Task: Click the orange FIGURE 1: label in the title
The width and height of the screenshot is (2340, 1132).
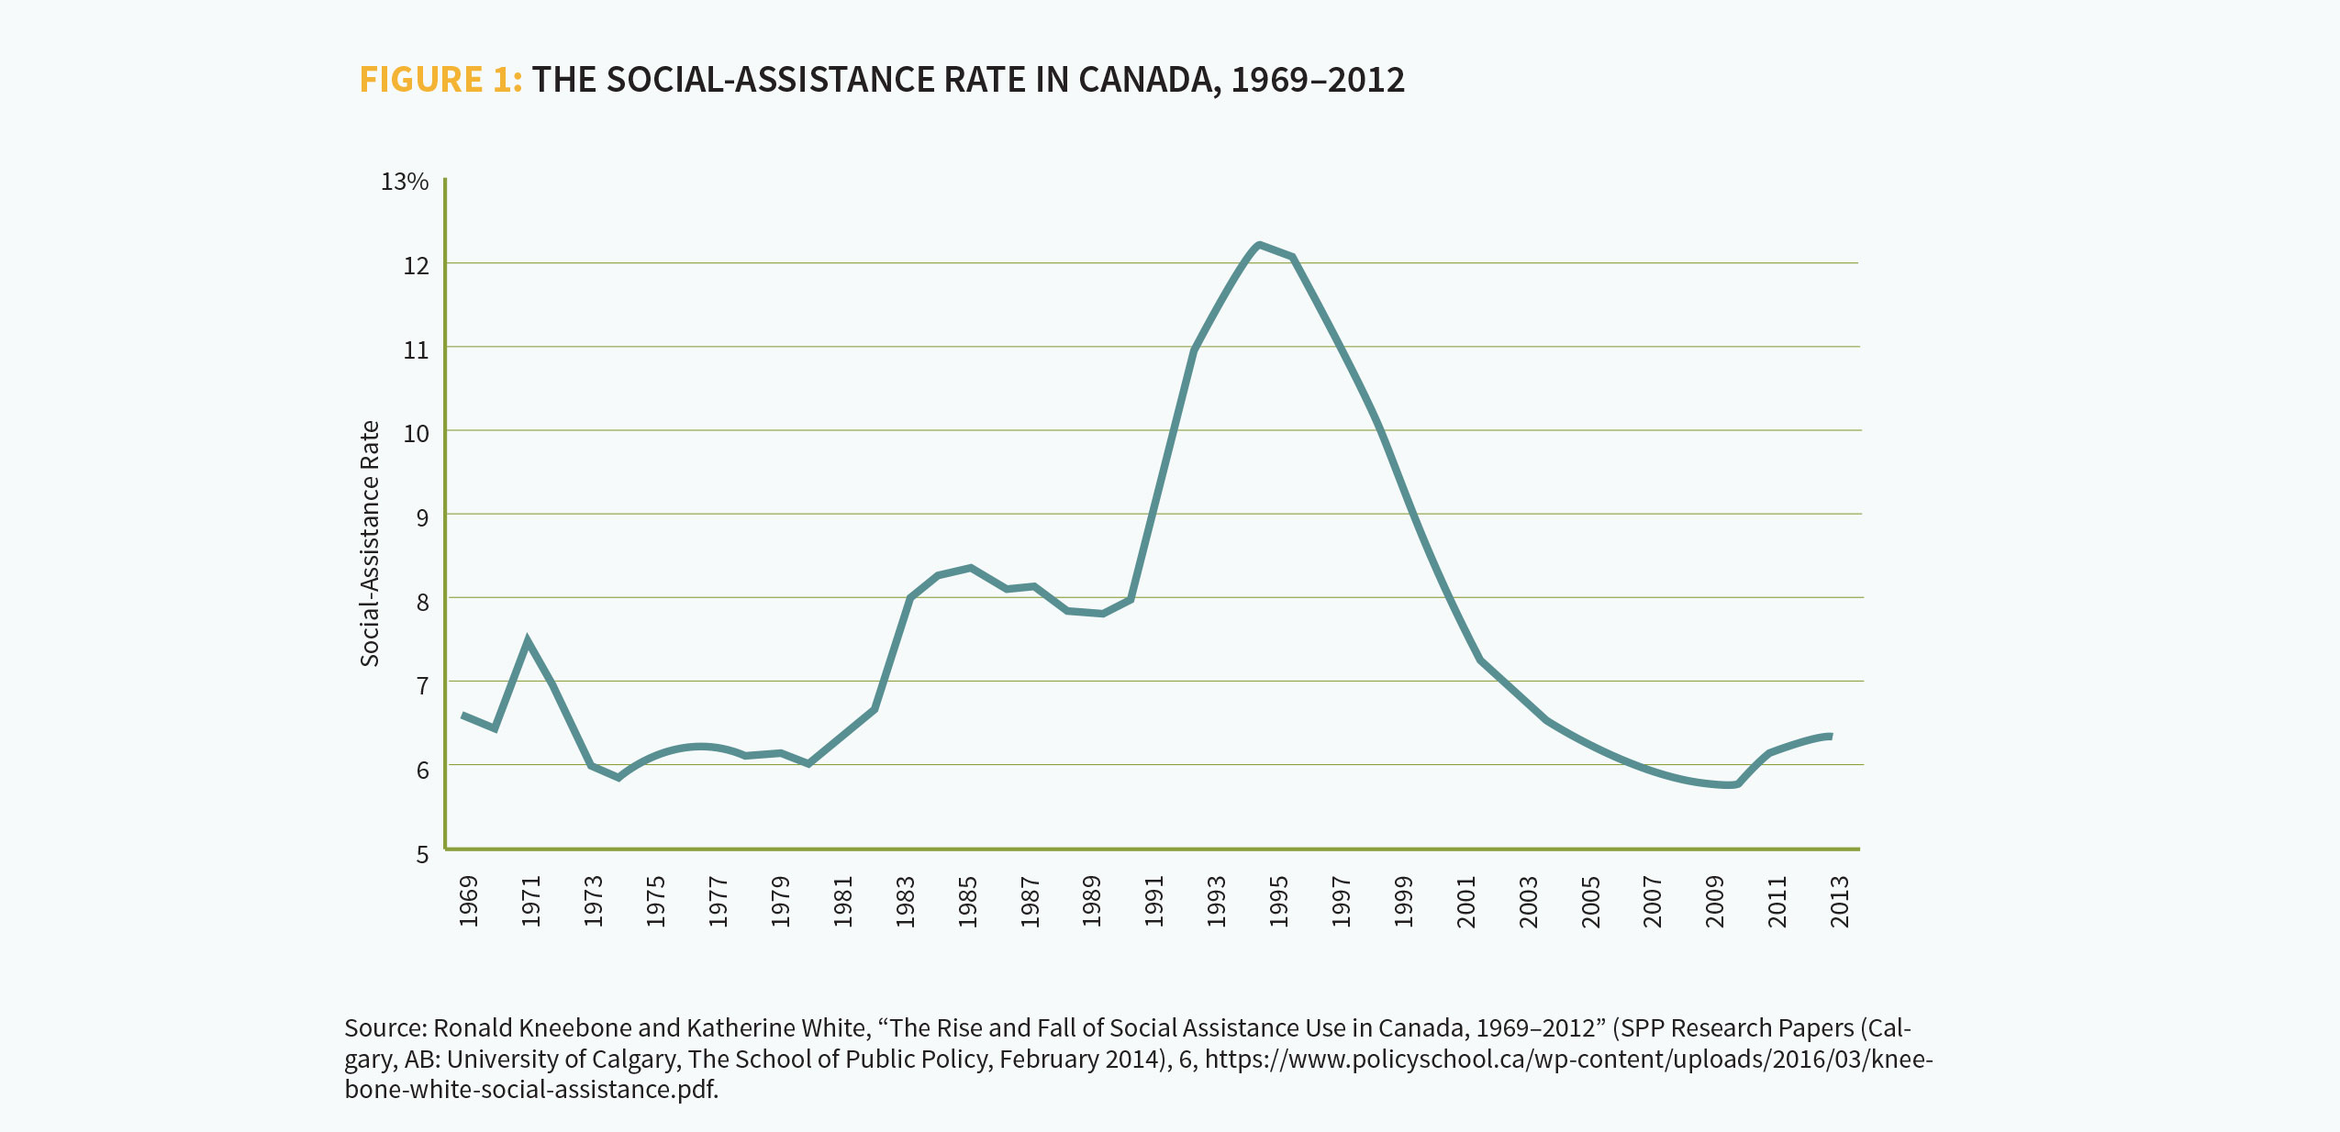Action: [440, 80]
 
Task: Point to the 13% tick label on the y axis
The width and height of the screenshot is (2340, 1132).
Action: [405, 182]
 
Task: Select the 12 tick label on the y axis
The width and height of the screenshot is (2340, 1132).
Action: [416, 266]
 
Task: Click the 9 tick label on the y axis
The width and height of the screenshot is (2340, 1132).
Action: [422, 517]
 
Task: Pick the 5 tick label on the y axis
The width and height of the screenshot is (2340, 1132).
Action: [422, 854]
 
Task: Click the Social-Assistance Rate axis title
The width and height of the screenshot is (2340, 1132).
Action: [370, 543]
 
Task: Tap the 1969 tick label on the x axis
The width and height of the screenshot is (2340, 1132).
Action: [469, 901]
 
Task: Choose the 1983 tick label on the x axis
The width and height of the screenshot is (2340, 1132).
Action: [906, 901]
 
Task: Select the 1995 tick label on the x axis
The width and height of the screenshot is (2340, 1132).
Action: [1279, 901]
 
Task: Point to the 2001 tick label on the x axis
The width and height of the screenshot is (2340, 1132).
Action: [1466, 901]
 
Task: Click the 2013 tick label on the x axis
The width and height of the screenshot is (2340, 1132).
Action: [1840, 901]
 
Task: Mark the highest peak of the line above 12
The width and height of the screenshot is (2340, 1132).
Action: [1259, 245]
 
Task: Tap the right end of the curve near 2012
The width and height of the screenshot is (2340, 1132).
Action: [1831, 736]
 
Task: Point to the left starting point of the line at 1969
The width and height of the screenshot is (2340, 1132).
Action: [463, 715]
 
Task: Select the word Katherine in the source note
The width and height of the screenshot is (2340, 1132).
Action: [741, 1027]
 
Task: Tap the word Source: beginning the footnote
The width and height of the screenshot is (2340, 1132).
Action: [385, 1027]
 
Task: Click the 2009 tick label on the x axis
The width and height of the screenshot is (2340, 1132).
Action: [1715, 901]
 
